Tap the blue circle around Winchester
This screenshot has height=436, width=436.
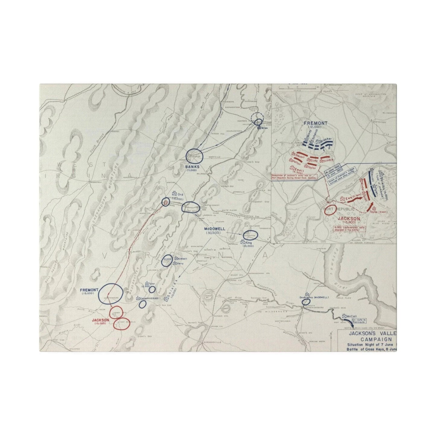pos(195,155)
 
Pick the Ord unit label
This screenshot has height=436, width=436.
pos(180,195)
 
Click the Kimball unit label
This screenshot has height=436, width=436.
pos(183,259)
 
